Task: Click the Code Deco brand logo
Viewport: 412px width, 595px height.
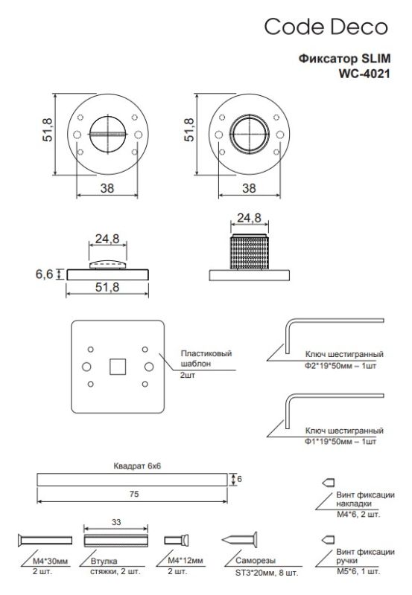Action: tap(326, 28)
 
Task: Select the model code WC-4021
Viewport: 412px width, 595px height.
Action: tap(361, 74)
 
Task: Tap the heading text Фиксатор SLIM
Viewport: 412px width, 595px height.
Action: tap(343, 59)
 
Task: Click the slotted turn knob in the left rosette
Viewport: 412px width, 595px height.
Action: tap(106, 135)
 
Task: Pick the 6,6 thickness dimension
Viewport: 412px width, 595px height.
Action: tap(44, 274)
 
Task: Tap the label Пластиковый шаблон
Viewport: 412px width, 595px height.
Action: tap(205, 360)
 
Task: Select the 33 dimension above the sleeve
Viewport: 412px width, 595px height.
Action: tap(115, 523)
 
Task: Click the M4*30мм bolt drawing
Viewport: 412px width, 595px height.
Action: tap(45, 539)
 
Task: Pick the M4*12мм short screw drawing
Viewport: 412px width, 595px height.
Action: tap(179, 539)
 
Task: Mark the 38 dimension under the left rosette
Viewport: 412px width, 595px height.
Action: tap(107, 189)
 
